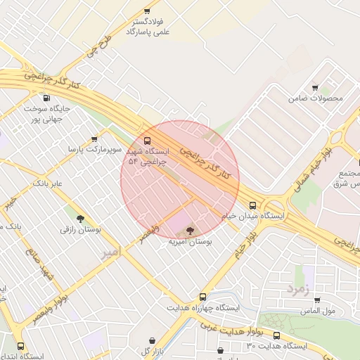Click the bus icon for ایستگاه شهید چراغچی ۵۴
click(x=148, y=139)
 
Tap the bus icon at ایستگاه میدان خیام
click(x=252, y=205)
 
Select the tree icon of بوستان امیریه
click(x=190, y=230)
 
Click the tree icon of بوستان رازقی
click(x=80, y=219)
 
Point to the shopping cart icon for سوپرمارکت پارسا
click(x=95, y=139)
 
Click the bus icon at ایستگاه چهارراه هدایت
click(x=202, y=297)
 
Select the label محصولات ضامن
click(x=316, y=98)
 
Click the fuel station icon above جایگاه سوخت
click(x=46, y=98)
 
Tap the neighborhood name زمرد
click(x=297, y=289)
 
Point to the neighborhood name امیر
click(x=111, y=251)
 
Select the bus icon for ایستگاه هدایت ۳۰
click(x=276, y=335)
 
